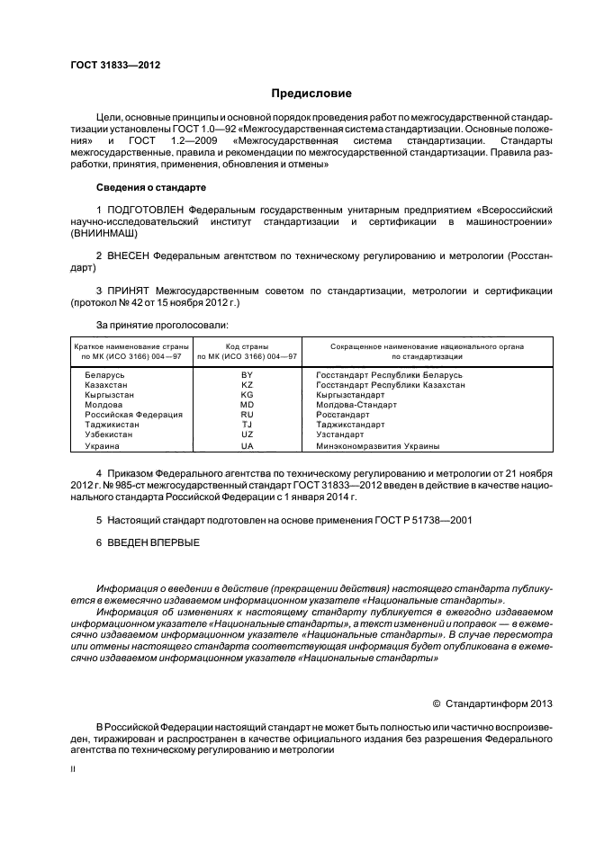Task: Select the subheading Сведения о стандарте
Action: click(x=150, y=187)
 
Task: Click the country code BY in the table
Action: click(x=248, y=373)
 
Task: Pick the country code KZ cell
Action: click(x=248, y=384)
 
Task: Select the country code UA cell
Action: click(x=248, y=445)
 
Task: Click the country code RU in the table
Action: click(x=248, y=415)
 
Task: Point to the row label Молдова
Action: click(x=104, y=405)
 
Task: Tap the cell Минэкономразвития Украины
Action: click(x=377, y=445)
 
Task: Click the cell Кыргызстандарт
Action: click(x=350, y=394)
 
